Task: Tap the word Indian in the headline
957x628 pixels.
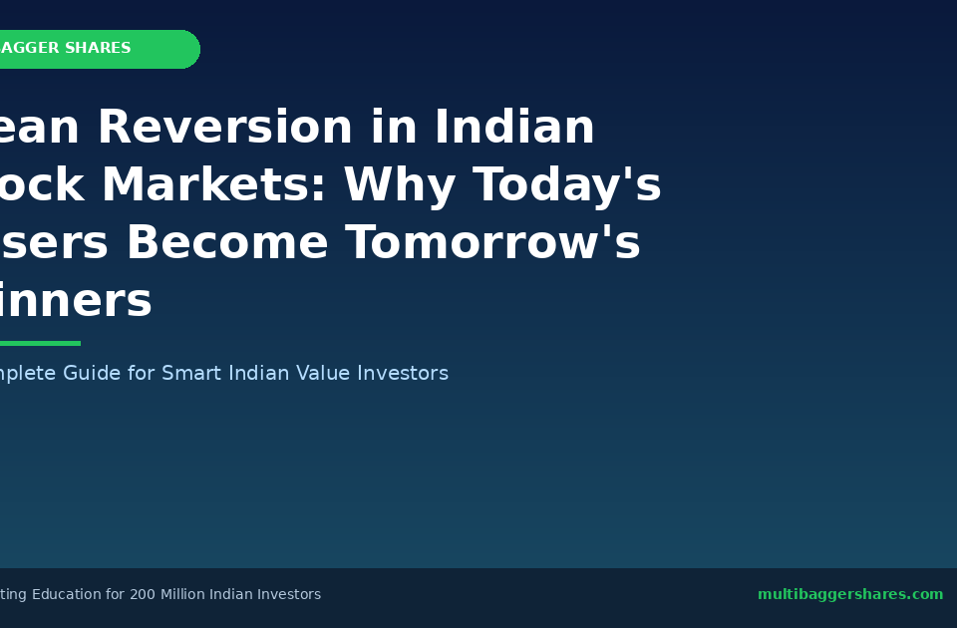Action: (513, 129)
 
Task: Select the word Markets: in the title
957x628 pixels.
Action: (214, 186)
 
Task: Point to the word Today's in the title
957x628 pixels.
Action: (566, 186)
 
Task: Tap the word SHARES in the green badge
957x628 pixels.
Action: (98, 49)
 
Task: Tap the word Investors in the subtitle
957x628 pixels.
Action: (403, 374)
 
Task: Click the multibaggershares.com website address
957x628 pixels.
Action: (849, 595)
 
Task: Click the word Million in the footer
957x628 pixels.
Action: (187, 595)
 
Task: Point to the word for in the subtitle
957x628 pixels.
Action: (142, 374)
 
